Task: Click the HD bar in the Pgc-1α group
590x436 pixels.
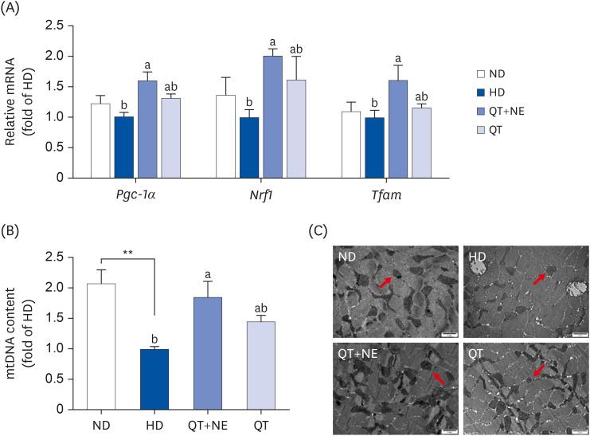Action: (x=126, y=147)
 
